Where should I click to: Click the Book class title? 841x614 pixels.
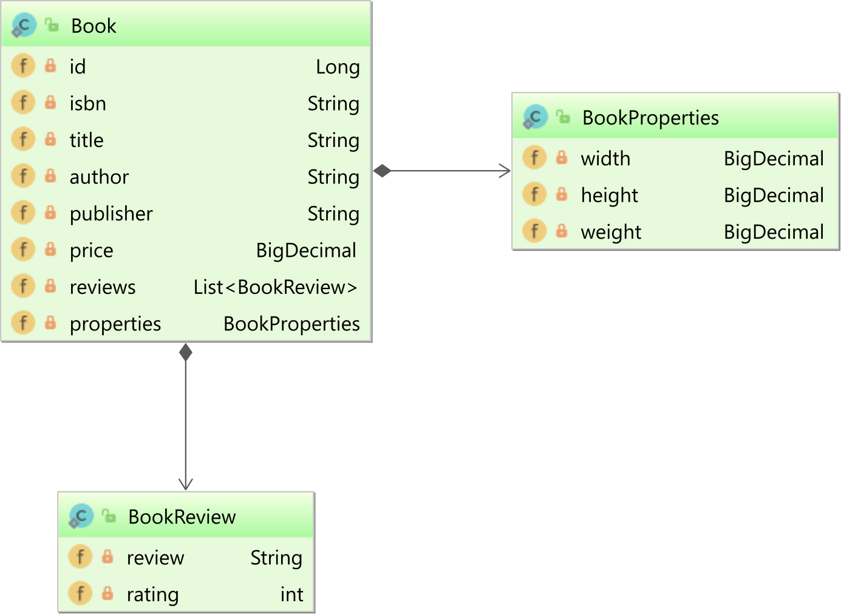click(94, 26)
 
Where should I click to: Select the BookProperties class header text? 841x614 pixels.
click(650, 118)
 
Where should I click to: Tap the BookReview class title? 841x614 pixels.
click(182, 517)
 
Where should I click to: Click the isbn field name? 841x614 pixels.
click(87, 104)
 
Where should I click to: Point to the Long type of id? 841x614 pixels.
click(338, 67)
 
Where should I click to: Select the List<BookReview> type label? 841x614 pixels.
click(275, 287)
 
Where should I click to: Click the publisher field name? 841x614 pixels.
click(111, 214)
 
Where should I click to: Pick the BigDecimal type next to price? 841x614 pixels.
click(306, 250)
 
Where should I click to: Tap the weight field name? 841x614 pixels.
click(611, 232)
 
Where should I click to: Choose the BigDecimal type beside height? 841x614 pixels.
click(774, 196)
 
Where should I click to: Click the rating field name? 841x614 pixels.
click(152, 595)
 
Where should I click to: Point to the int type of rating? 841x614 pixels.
click(291, 595)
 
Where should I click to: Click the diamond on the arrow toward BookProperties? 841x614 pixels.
click(383, 171)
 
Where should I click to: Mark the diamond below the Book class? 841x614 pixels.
click(186, 352)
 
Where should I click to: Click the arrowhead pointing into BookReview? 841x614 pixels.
click(186, 484)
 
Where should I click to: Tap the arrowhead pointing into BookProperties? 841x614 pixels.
click(505, 171)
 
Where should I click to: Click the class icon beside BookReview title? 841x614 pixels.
click(81, 516)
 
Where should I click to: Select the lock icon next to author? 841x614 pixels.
click(50, 177)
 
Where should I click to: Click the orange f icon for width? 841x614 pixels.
click(534, 159)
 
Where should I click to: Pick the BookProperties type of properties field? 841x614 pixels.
click(291, 324)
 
